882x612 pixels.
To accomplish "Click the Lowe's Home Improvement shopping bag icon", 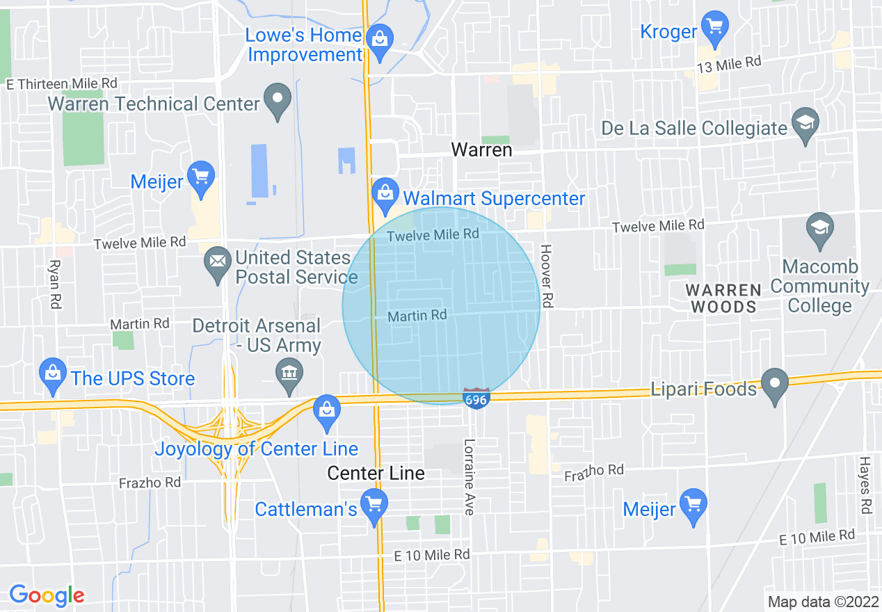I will click(x=379, y=39).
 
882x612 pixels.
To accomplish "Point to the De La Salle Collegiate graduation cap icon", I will click(x=805, y=124).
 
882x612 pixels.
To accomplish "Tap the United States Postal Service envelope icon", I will click(x=218, y=262).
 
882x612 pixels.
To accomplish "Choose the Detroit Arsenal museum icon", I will click(x=289, y=374).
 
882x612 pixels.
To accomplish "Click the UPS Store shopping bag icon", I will click(x=53, y=374).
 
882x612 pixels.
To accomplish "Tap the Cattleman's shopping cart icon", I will click(x=375, y=505).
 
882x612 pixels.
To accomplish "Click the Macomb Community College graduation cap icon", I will click(x=820, y=229).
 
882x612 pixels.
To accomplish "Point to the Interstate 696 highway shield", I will click(x=476, y=398).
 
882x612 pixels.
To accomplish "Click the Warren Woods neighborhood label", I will click(x=723, y=298).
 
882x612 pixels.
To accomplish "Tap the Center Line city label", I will click(x=376, y=474).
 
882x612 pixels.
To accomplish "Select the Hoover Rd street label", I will click(x=547, y=276).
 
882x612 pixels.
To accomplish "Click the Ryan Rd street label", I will click(x=55, y=284).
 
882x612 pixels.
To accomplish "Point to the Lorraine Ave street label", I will click(x=470, y=477).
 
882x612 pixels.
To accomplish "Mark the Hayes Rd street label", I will click(x=865, y=485).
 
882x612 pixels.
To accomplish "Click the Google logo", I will click(x=47, y=595).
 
